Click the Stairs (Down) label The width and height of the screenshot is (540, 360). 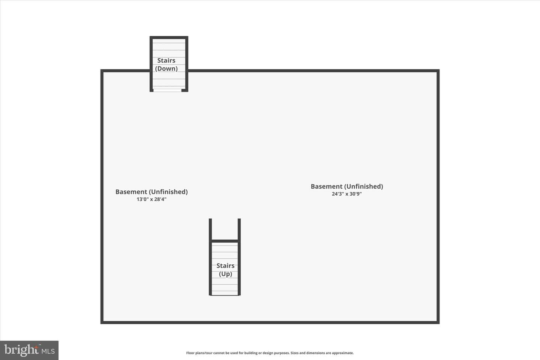coord(166,64)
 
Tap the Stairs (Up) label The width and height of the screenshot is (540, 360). coord(225,270)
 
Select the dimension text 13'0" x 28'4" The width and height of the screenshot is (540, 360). coord(151,199)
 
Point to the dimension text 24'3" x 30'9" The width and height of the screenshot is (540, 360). coord(346,194)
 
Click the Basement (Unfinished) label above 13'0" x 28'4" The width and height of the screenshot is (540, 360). coord(151,192)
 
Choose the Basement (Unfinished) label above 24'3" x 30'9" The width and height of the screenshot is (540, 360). coord(346,186)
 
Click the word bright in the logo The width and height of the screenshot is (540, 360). coord(21,350)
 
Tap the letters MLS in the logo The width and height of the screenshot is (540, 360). coord(48,351)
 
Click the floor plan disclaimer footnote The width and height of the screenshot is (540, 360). coord(270,353)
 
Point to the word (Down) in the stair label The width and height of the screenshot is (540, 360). coord(166,69)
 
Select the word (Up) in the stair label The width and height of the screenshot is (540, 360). coord(225,274)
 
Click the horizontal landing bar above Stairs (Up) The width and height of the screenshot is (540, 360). coord(225,241)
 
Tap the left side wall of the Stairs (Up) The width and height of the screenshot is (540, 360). coord(210,257)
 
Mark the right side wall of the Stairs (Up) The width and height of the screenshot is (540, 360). coord(239,257)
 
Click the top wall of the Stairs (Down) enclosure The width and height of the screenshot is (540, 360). coord(169,37)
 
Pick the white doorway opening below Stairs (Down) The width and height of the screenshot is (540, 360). coord(167,90)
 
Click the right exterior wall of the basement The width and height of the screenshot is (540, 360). coord(438,196)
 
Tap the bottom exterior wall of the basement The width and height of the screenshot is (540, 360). coord(270,322)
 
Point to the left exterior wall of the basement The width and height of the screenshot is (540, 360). coord(102,196)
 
